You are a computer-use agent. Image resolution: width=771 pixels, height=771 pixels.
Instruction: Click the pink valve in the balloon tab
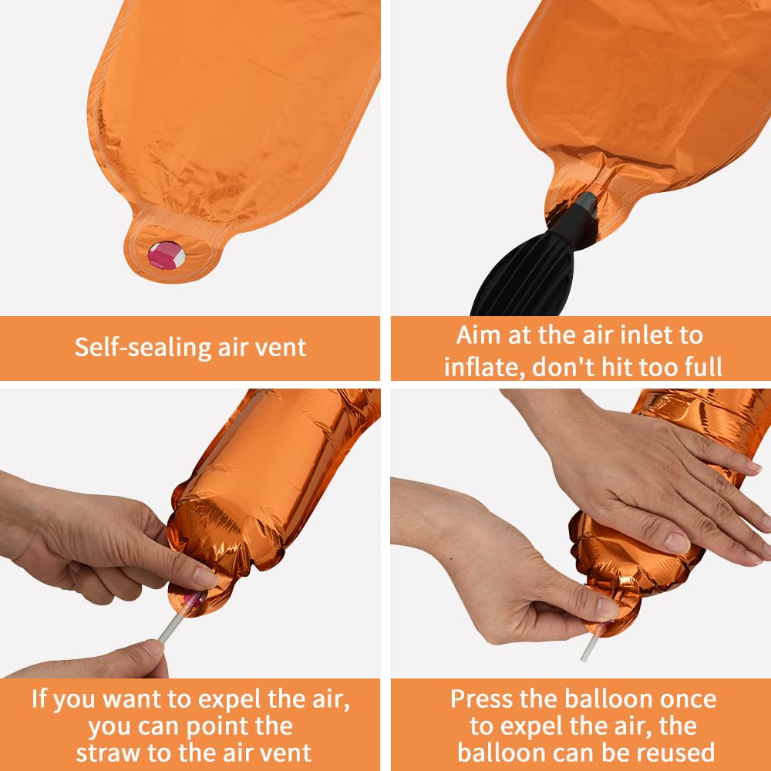tap(167, 255)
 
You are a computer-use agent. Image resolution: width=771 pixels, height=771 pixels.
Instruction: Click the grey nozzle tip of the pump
tap(587, 202)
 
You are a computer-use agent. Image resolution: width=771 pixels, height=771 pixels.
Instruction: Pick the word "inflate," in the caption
tap(485, 367)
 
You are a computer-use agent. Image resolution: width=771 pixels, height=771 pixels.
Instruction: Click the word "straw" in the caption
tap(109, 752)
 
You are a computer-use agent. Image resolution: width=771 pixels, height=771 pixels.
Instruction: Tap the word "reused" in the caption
tap(678, 752)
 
